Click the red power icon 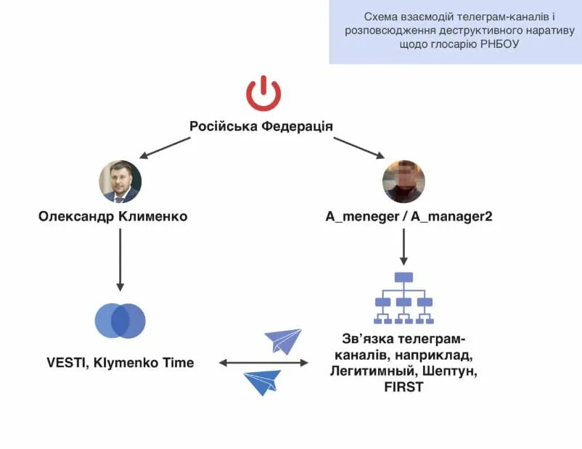263,94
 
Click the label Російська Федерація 261,126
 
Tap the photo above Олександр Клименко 120,181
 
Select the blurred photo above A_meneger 404,181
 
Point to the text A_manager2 452,216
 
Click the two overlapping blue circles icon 120,320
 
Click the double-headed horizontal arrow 263,362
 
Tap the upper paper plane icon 283,340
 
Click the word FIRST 403,387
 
